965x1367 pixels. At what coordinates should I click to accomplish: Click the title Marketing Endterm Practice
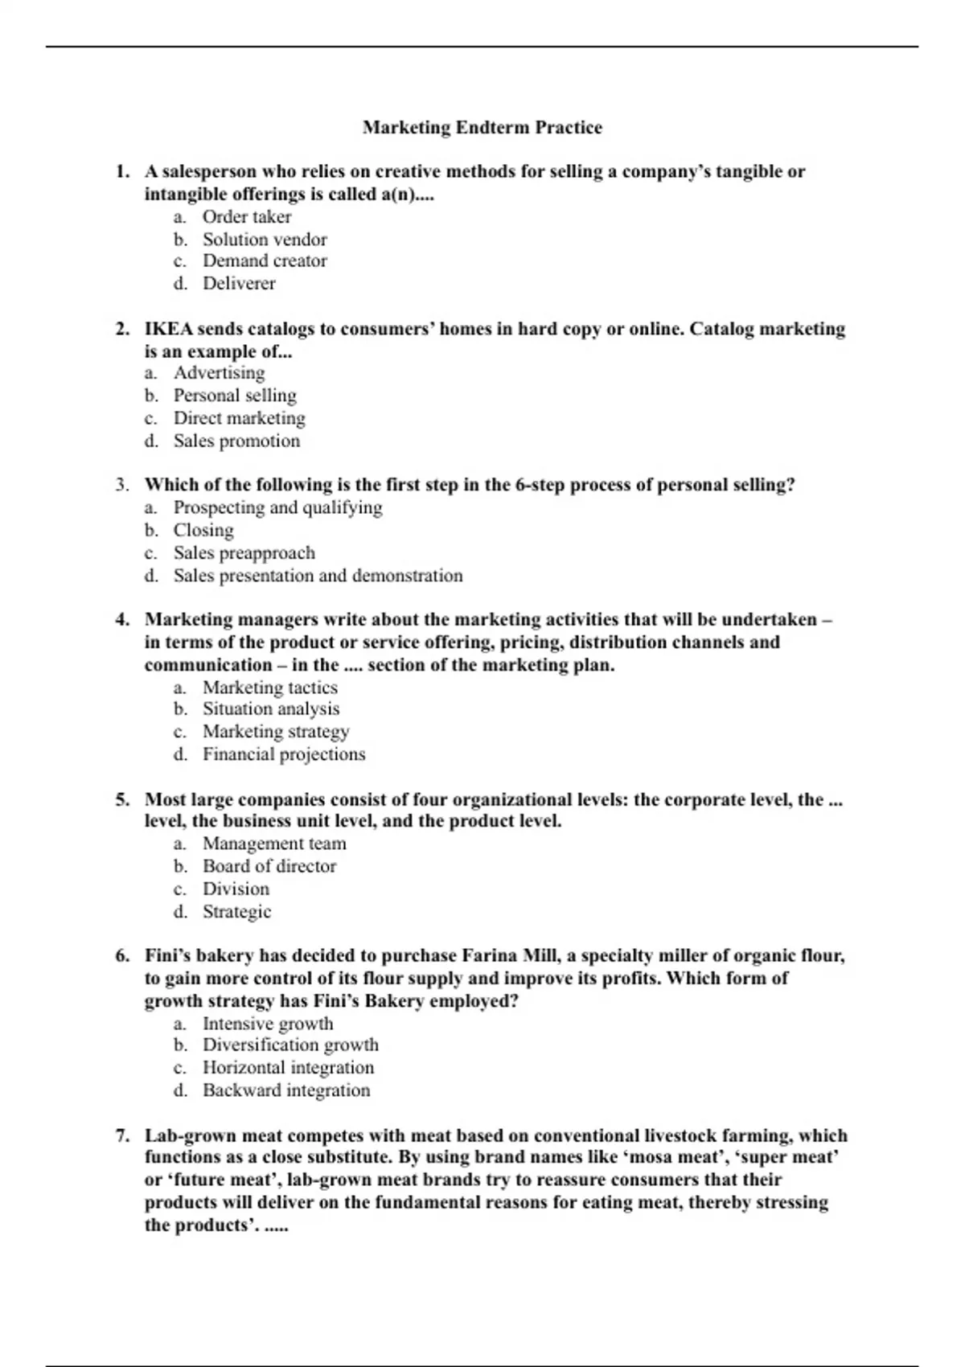coord(482,127)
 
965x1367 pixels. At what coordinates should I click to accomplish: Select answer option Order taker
coord(246,217)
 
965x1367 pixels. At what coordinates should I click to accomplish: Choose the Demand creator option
coord(265,261)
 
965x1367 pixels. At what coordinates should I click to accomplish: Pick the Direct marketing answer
coord(239,418)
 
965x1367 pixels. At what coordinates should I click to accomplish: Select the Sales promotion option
coord(236,441)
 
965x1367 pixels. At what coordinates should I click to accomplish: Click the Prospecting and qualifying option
coord(277,507)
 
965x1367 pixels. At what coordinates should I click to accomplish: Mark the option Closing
coord(203,530)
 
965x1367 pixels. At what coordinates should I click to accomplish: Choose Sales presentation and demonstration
coord(318,576)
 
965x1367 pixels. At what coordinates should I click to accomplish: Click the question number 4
coord(122,619)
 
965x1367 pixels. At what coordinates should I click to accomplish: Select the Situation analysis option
coord(270,709)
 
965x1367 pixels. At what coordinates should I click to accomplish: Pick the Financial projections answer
coord(283,754)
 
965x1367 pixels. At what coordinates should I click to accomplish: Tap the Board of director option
coord(269,866)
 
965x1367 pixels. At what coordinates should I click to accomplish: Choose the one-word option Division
coord(236,889)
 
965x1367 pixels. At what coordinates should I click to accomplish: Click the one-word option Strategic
coord(236,912)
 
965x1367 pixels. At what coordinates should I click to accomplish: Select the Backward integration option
coord(286,1090)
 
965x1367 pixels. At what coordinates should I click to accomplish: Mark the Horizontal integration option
coord(288,1068)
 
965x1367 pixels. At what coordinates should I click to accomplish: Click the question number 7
coord(122,1135)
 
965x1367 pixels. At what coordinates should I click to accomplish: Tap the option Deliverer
coord(239,284)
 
